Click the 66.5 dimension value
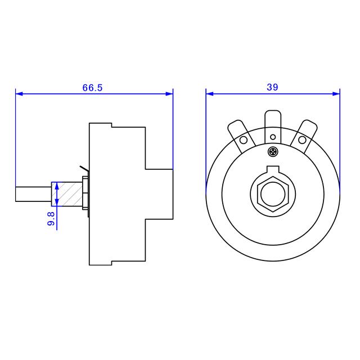click(93, 88)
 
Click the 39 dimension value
click(273, 87)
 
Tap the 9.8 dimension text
click(51, 219)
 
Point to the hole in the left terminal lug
click(244, 140)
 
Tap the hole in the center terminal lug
click(273, 137)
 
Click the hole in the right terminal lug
click(303, 139)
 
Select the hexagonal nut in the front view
click(273, 193)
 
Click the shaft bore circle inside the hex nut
click(273, 193)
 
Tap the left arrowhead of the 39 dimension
click(209, 94)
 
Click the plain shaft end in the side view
click(34, 193)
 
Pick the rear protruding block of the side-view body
click(159, 193)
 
